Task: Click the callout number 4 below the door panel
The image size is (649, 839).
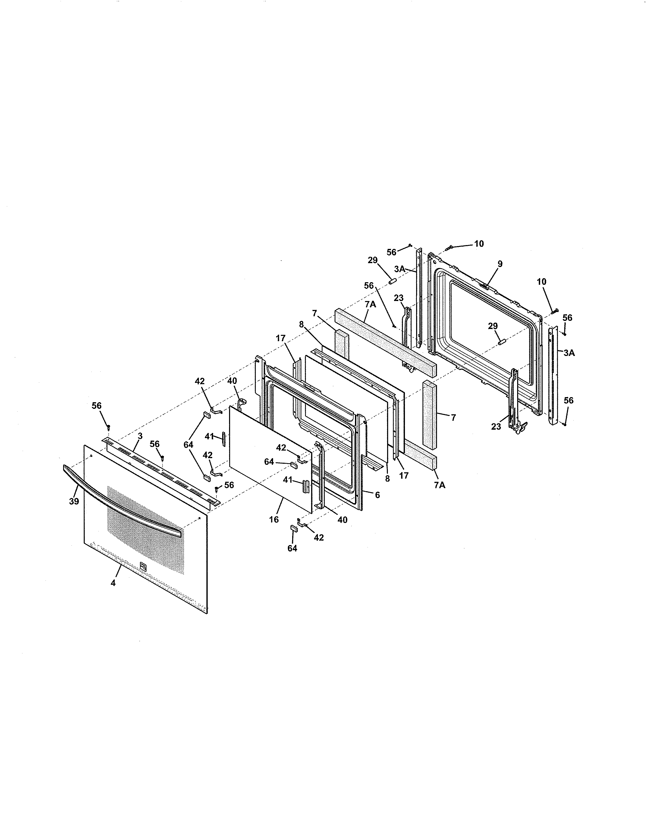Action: tap(113, 583)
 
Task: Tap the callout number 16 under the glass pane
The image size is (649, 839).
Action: tap(274, 519)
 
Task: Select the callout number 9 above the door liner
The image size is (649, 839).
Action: tap(500, 264)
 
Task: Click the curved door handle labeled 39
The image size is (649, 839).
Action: tap(123, 499)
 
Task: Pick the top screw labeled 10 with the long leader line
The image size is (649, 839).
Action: tap(449, 248)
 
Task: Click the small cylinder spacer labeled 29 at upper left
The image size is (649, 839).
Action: tap(392, 282)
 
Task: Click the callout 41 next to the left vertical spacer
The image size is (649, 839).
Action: tap(209, 436)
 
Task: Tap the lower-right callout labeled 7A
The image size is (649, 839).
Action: tap(440, 485)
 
